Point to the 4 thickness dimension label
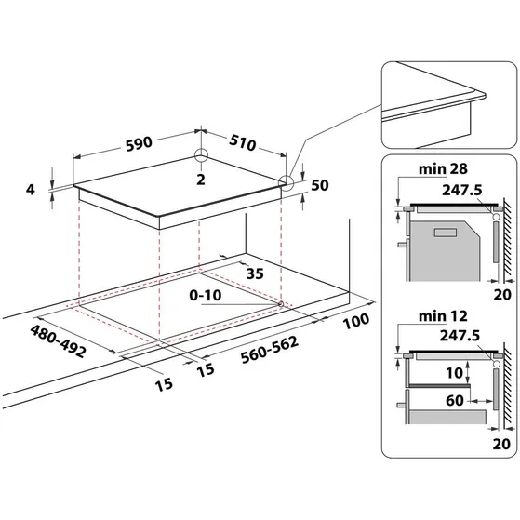pos(32,190)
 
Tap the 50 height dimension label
pos(320,184)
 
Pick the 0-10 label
pos(206,296)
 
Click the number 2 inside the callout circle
pos(201,179)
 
